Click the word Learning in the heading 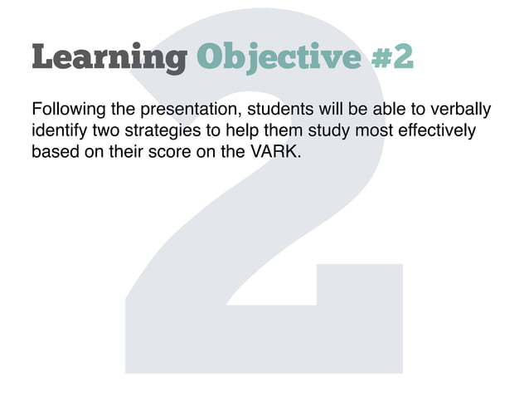pyautogui.click(x=109, y=58)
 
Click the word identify pyautogui.click(x=56, y=131)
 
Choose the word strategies pyautogui.click(x=160, y=131)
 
